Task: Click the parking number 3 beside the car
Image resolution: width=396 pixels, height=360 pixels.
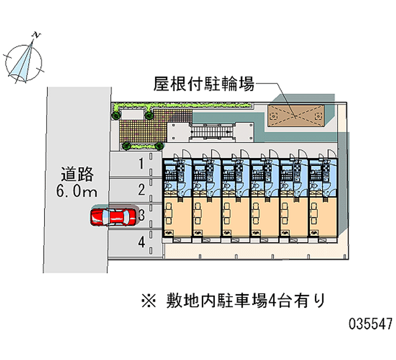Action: coord(142,215)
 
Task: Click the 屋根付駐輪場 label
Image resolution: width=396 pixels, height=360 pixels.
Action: coord(204,84)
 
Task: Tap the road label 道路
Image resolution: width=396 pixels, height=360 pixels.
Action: coord(77,174)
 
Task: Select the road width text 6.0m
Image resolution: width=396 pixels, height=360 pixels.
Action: coord(77,191)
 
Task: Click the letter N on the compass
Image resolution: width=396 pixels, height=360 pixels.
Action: coord(37,35)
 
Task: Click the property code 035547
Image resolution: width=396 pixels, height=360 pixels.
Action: coord(371,324)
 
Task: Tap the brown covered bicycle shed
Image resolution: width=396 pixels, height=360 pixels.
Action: coord(296,115)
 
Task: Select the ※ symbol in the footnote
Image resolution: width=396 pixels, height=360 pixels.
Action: coord(149,301)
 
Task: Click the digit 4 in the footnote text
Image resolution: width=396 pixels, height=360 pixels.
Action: coord(273,301)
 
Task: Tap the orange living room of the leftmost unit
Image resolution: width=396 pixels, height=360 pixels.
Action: coord(177,216)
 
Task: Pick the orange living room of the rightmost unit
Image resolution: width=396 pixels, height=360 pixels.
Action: coord(323,216)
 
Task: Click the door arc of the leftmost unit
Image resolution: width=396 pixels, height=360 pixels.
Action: coord(186,154)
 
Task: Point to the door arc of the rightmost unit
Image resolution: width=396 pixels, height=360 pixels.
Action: coord(332,154)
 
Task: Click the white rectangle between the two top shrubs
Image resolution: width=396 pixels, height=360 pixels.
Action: coord(132,114)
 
